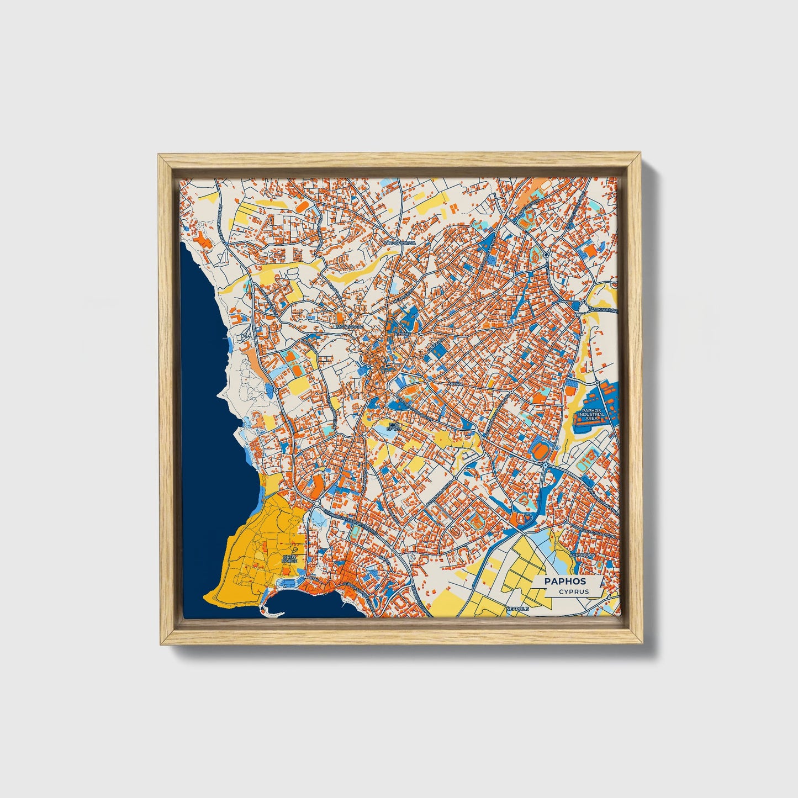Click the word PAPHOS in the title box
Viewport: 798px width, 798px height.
pos(565,581)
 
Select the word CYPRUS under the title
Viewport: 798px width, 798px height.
pos(573,591)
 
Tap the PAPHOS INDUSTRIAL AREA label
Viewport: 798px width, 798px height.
pos(591,414)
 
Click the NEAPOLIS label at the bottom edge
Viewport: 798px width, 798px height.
pos(517,608)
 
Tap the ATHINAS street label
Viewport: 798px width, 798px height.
pos(401,334)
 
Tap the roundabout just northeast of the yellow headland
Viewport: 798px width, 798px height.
pos(316,503)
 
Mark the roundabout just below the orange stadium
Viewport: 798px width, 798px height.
pos(546,467)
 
